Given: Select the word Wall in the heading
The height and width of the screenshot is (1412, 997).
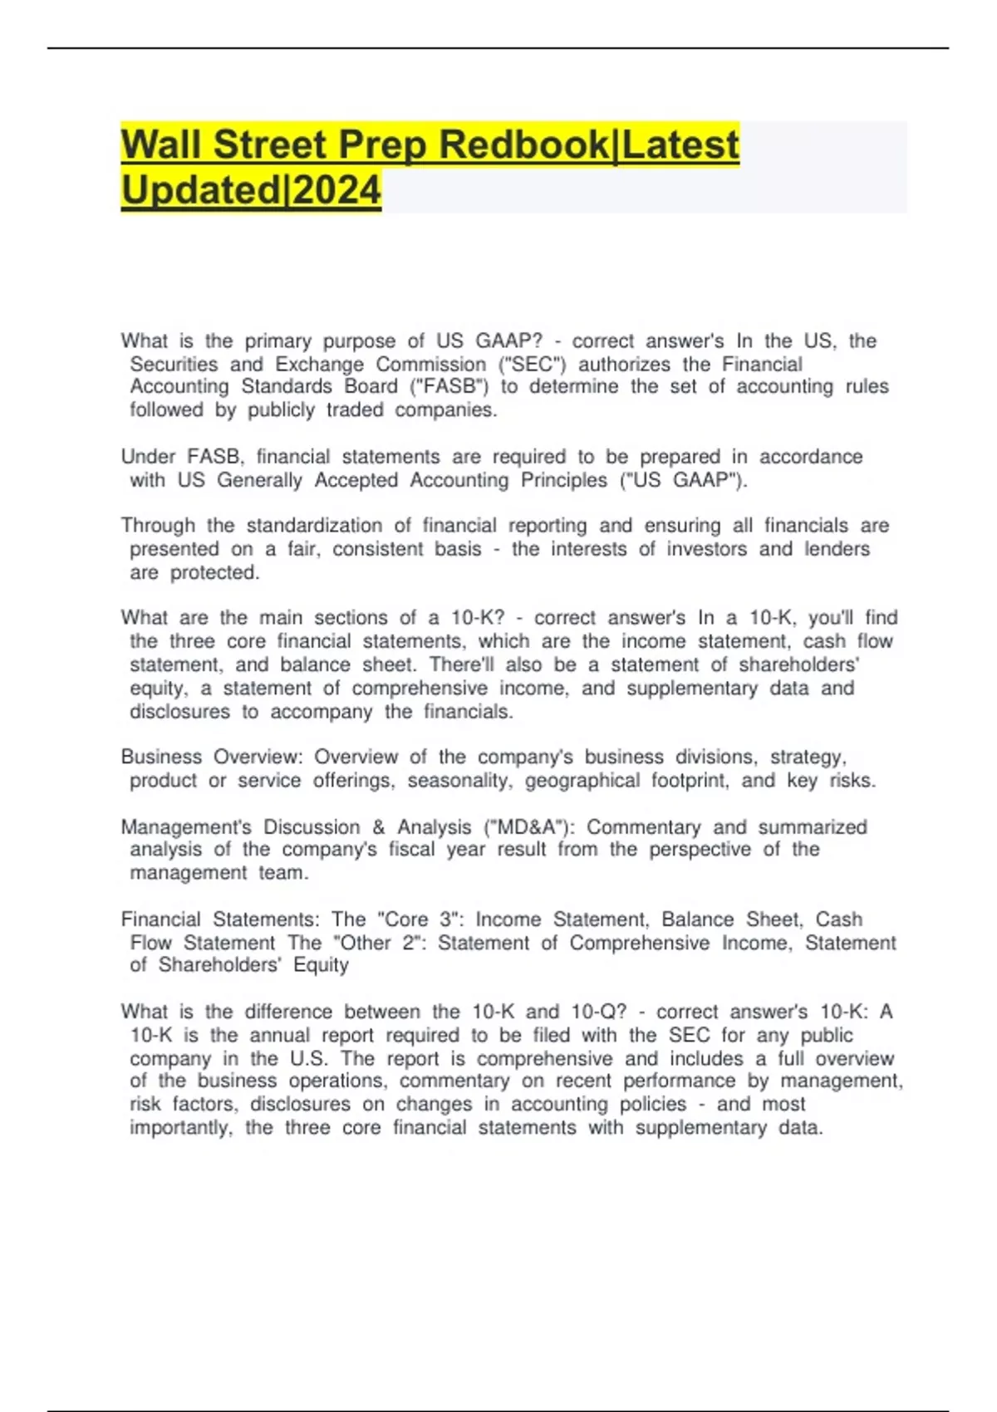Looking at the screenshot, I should point(162,145).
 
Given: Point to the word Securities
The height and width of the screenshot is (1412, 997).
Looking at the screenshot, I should point(174,365).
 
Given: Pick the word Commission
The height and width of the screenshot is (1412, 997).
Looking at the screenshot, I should point(430,365).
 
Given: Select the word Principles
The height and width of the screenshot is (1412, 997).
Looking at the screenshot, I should point(564,480).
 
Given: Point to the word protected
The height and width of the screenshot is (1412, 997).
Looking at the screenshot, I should point(214,572).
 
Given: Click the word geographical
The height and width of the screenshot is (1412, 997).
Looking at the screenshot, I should point(582,781).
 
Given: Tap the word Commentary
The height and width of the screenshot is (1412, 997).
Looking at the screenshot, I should point(644,827).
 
